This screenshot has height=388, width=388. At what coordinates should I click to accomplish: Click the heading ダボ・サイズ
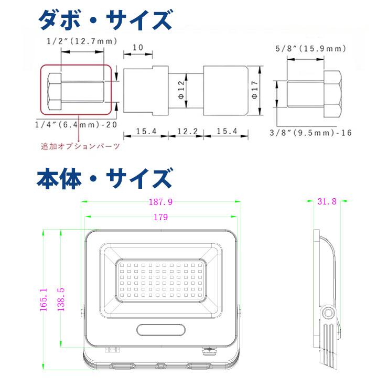click(x=105, y=21)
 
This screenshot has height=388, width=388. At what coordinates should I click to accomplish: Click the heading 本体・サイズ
click(x=104, y=178)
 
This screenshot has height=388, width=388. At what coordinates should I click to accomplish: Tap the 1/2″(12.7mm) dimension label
click(x=82, y=41)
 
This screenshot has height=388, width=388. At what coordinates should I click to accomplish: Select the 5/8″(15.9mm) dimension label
click(x=310, y=49)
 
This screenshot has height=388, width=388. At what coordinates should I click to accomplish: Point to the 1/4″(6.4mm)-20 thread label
click(x=74, y=125)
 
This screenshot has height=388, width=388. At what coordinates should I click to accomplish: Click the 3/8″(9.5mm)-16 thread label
click(x=311, y=133)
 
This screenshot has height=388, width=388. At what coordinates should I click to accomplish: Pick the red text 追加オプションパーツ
click(x=80, y=146)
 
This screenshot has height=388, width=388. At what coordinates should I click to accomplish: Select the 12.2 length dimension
click(x=186, y=131)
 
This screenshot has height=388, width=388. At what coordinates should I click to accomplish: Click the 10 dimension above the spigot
click(x=137, y=48)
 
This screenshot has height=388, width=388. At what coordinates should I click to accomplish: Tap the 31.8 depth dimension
click(x=327, y=201)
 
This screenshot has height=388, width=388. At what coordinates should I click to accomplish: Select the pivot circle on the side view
click(x=329, y=313)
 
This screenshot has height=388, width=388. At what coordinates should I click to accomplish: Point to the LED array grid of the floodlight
click(x=161, y=279)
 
